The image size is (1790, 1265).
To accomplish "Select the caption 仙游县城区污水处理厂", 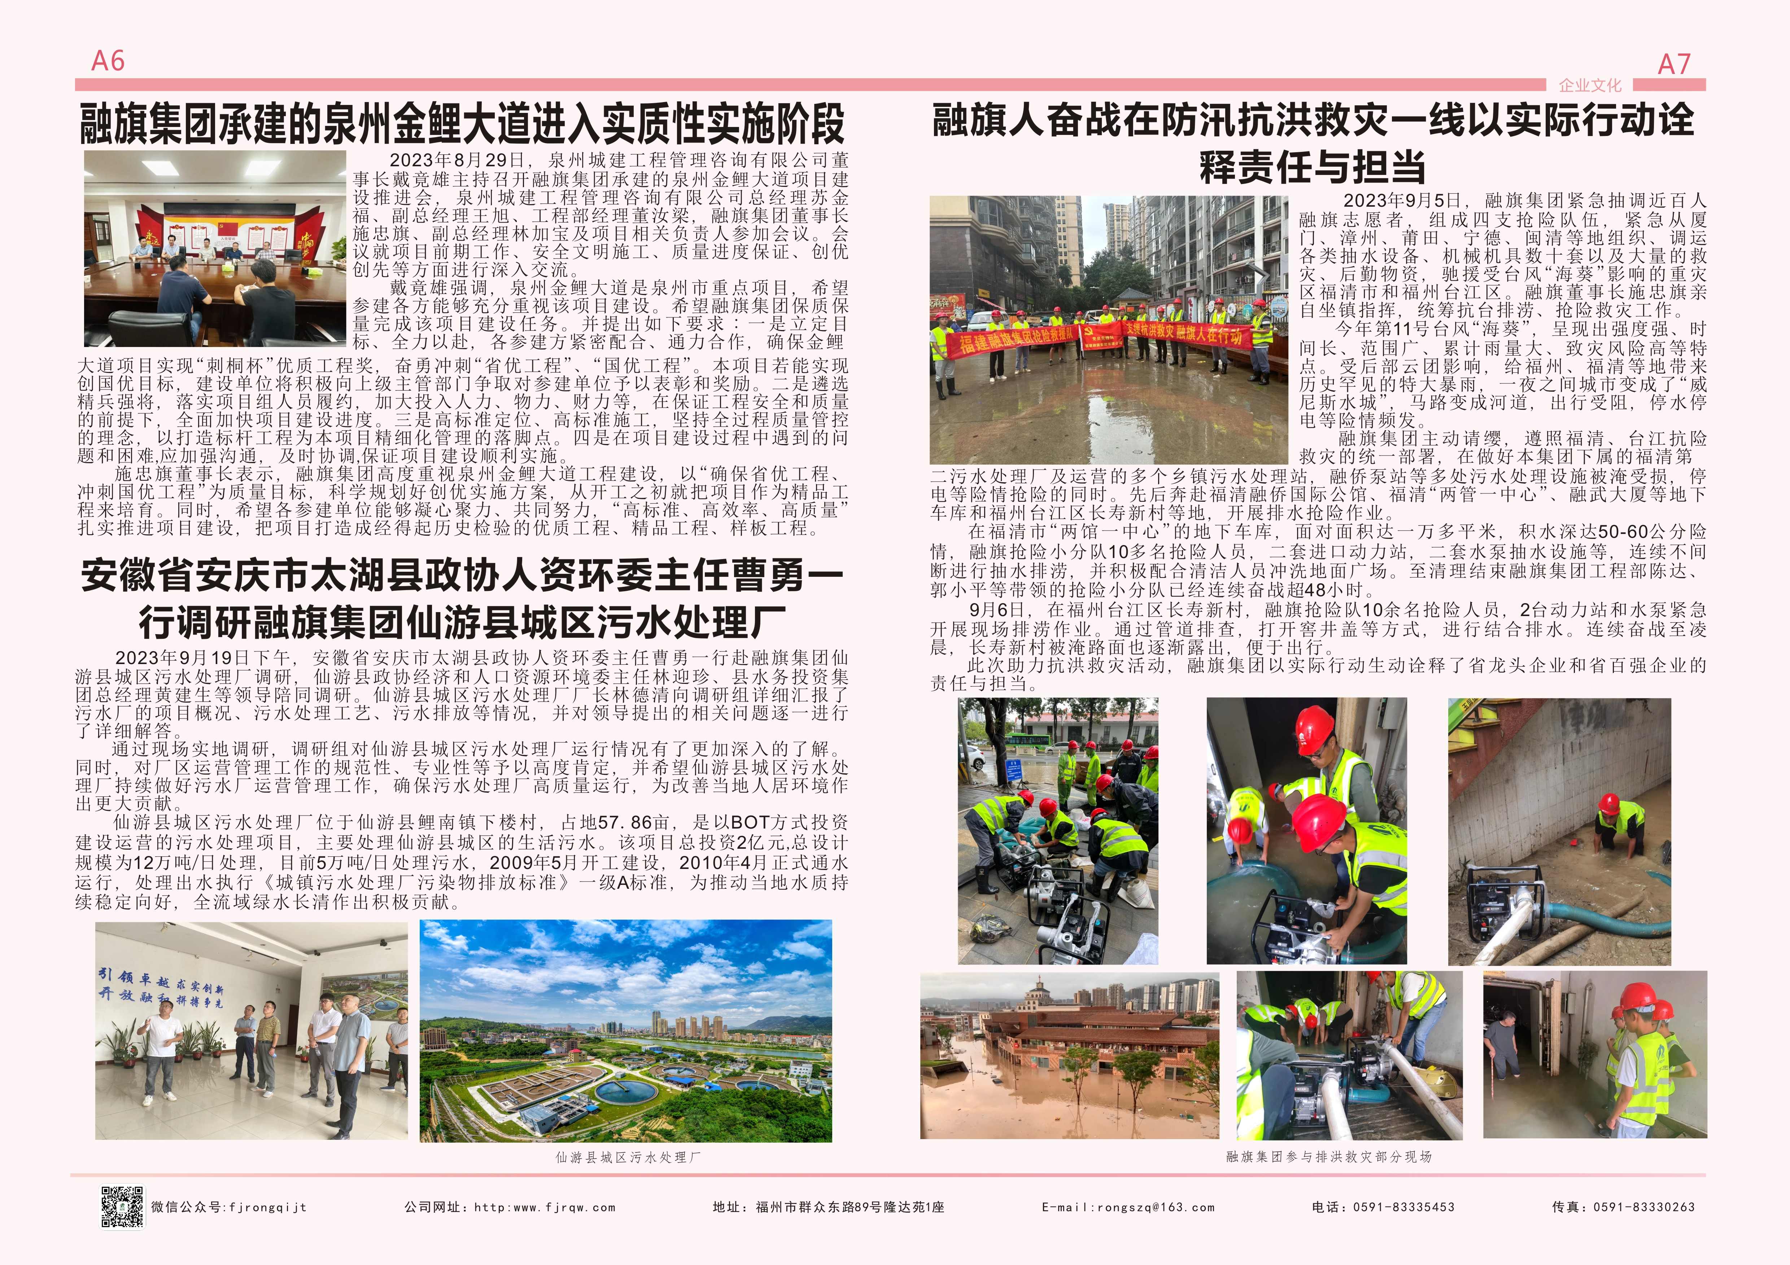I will point(628,1158).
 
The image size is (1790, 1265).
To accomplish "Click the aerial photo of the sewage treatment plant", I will point(625,1031).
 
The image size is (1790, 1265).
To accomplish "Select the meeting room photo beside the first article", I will point(214,248).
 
